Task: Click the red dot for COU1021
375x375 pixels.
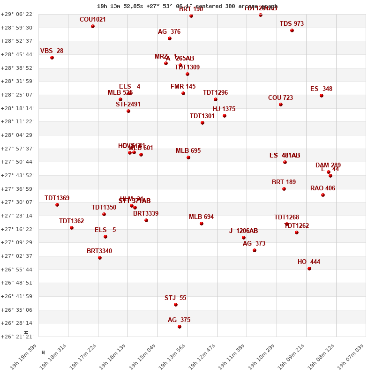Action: [93, 26]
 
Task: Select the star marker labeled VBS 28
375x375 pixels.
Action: [52, 58]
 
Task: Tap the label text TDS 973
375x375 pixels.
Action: [292, 23]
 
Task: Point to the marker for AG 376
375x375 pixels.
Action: [170, 38]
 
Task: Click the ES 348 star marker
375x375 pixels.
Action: [322, 96]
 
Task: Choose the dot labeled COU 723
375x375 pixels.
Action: [281, 105]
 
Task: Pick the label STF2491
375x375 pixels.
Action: [128, 105]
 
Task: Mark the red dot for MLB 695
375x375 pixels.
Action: [188, 157]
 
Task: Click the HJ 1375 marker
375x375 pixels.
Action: [225, 116]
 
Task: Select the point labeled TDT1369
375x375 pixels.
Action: [57, 205]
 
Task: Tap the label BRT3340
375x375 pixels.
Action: [99, 251]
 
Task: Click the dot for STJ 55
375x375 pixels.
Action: [176, 305]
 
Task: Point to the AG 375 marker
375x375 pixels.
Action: [180, 327]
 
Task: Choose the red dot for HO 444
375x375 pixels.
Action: [309, 269]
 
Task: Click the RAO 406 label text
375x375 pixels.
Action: [322, 188]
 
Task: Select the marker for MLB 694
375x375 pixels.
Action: [202, 224]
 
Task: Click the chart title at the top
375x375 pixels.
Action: [187, 6]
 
